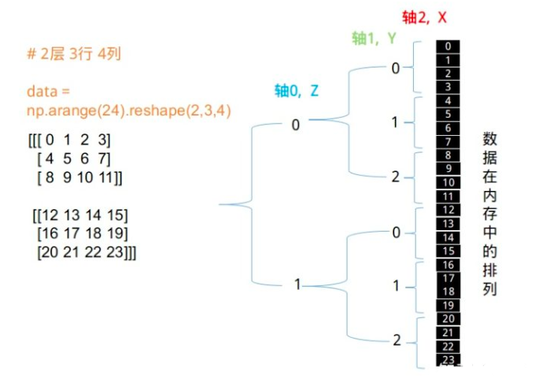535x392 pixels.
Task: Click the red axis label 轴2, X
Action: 424,17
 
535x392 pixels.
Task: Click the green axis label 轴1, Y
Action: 374,38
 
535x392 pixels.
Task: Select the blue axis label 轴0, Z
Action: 297,90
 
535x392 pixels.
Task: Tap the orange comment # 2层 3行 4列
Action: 74,53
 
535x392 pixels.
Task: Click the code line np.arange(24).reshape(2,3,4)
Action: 129,110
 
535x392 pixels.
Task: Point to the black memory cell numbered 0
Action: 448,46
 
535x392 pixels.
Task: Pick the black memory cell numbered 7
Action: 448,141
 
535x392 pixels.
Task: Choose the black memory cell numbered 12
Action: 448,210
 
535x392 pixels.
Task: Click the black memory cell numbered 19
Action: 448,305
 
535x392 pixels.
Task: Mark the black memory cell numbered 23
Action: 448,360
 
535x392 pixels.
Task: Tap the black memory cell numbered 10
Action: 448,182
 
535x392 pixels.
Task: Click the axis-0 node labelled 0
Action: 296,125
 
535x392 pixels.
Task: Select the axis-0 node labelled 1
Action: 297,284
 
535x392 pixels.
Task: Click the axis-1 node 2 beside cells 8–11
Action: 396,177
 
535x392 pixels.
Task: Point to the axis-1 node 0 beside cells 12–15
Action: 396,233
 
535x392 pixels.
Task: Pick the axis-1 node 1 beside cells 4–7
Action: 395,122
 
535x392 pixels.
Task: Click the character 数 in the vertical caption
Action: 489,139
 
